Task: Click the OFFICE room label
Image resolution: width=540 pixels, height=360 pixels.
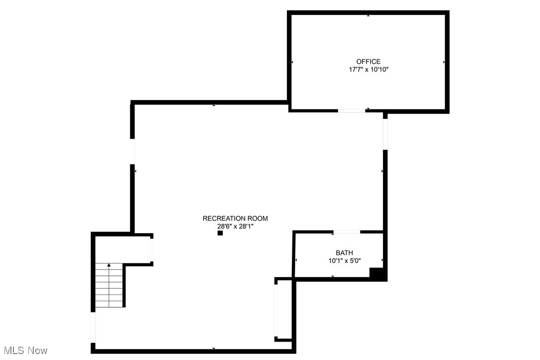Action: click(x=368, y=62)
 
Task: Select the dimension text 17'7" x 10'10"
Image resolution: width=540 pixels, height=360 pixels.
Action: click(x=368, y=70)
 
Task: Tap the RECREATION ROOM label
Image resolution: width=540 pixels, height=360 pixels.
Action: click(x=235, y=218)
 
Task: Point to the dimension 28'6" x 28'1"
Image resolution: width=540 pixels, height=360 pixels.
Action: click(x=235, y=226)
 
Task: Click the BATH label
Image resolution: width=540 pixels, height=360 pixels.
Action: click(x=344, y=253)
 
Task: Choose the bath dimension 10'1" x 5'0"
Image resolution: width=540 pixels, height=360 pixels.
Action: click(x=344, y=261)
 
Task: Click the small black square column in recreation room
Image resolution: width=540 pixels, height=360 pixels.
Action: click(x=220, y=233)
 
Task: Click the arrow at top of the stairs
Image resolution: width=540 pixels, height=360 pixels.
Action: click(x=109, y=266)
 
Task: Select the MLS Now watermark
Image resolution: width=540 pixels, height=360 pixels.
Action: click(x=24, y=351)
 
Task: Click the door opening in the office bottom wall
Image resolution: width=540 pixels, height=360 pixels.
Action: click(x=351, y=110)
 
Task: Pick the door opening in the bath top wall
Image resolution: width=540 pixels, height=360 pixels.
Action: click(x=347, y=232)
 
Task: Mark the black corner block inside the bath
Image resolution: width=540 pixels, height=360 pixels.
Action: click(x=377, y=273)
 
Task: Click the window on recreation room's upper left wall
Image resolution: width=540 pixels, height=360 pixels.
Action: click(x=133, y=151)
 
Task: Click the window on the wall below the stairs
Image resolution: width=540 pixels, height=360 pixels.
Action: click(x=93, y=327)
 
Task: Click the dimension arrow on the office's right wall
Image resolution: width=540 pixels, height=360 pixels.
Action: click(x=444, y=62)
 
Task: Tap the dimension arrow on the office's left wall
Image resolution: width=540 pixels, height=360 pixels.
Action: click(x=292, y=62)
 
